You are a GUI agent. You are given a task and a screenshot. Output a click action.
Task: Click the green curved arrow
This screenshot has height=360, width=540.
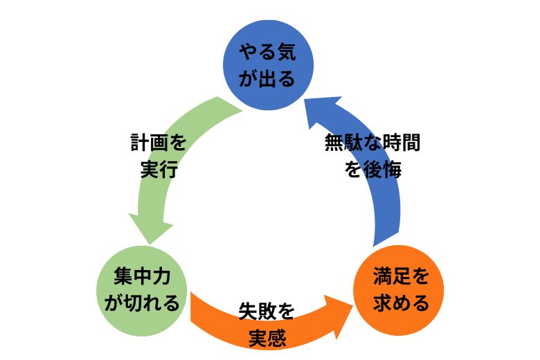pyautogui.click(x=170, y=159)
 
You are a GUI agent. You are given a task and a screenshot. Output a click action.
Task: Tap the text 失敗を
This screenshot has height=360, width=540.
pyautogui.click(x=267, y=311)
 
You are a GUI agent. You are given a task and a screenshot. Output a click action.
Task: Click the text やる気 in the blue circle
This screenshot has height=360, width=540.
pyautogui.click(x=268, y=52)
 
